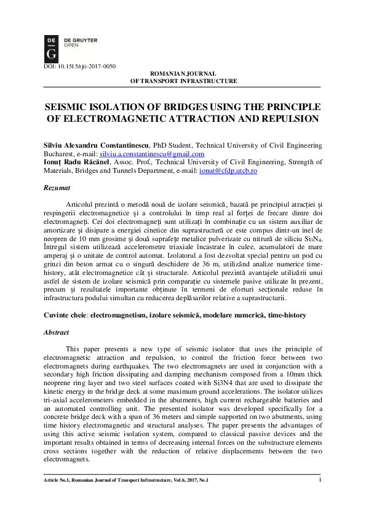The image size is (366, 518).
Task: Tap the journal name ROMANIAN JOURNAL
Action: click(183, 73)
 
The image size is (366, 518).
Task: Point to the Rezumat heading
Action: click(57, 185)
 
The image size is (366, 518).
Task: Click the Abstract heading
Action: click(57, 331)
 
